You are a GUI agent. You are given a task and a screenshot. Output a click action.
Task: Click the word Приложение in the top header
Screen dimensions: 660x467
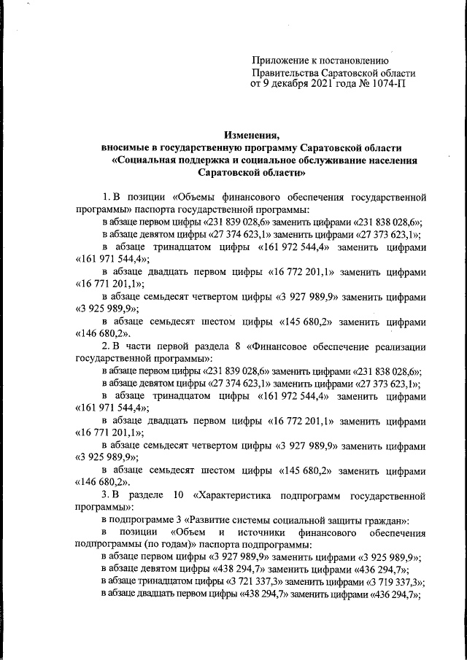pos(278,61)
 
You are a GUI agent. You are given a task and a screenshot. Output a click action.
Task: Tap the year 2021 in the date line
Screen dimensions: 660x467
pos(326,85)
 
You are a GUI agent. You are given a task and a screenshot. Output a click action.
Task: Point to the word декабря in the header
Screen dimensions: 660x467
pos(290,85)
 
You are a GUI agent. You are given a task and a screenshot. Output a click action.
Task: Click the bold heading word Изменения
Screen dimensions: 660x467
pos(252,135)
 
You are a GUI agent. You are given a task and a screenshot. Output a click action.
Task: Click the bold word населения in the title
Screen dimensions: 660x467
pos(395,160)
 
